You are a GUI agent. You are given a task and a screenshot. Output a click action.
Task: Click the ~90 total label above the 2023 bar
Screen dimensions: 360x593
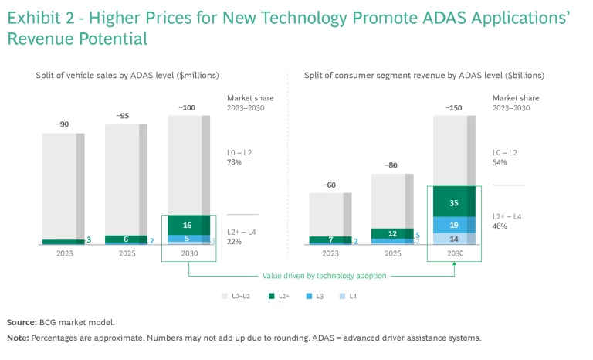(x=63, y=124)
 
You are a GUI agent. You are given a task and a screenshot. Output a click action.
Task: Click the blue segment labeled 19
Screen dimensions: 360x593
(x=454, y=225)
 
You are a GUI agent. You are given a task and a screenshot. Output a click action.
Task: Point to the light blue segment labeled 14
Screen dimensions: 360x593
(x=454, y=239)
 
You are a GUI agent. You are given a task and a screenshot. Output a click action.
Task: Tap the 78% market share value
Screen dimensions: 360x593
(x=235, y=162)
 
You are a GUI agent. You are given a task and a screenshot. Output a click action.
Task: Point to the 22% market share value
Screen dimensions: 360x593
(x=235, y=242)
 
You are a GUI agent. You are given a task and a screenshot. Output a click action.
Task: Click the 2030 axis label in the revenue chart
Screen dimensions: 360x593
(x=454, y=253)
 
